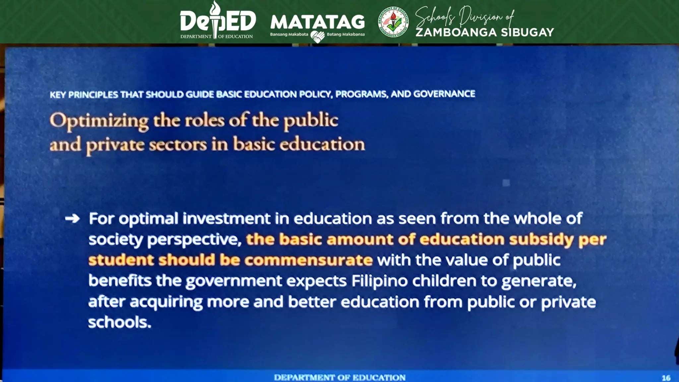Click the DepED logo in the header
pos(218,21)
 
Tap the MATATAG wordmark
pos(317,22)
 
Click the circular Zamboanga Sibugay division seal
pos(393,22)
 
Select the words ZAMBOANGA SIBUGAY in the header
pos(484,32)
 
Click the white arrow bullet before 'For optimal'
pos(73,219)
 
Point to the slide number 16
pos(666,378)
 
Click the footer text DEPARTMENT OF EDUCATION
pos(339,378)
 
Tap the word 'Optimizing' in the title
pos(99,121)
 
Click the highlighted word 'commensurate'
pos(308,260)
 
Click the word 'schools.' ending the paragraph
pos(119,322)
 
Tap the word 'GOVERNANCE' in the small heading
pos(444,94)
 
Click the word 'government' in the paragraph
pos(233,281)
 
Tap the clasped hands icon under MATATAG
pos(317,36)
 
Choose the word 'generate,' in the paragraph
pos(538,281)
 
